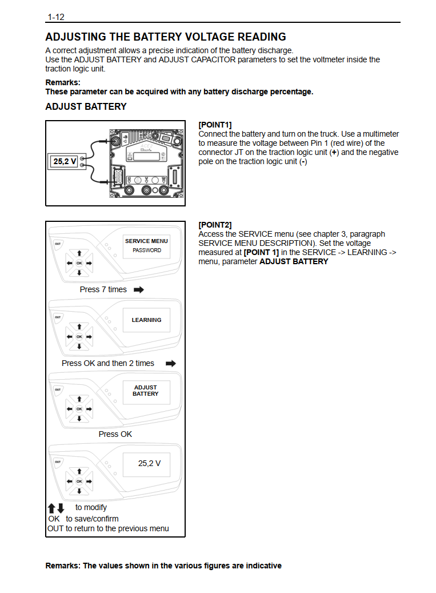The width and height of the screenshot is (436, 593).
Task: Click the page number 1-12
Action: coord(56,17)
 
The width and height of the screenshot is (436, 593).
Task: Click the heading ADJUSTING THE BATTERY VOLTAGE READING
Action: coord(165,37)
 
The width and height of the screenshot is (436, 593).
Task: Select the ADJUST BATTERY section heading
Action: coord(86,107)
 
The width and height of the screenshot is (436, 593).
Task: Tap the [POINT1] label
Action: coord(215,125)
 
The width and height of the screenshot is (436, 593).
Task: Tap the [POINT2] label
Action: coord(215,225)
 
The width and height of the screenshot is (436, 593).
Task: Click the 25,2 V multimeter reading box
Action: coord(65,162)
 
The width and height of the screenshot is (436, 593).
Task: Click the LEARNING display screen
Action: coord(146,320)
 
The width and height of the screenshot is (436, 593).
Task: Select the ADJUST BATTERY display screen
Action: coord(146,391)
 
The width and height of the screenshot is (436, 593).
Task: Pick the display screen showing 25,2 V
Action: coord(150,463)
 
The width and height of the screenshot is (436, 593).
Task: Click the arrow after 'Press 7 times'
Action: coord(138,290)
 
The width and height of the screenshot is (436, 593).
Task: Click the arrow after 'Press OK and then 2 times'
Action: coord(170,364)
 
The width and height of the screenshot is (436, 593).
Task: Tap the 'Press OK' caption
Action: coord(115,434)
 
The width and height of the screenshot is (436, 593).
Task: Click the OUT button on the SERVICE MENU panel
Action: coord(58,244)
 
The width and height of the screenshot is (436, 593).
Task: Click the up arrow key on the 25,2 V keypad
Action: coord(79,471)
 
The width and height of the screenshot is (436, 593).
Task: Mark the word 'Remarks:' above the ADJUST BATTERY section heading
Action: coord(63,82)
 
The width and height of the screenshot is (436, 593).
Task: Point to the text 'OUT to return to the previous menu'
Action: coord(108,528)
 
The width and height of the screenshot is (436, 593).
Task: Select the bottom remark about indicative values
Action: coord(163,566)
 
